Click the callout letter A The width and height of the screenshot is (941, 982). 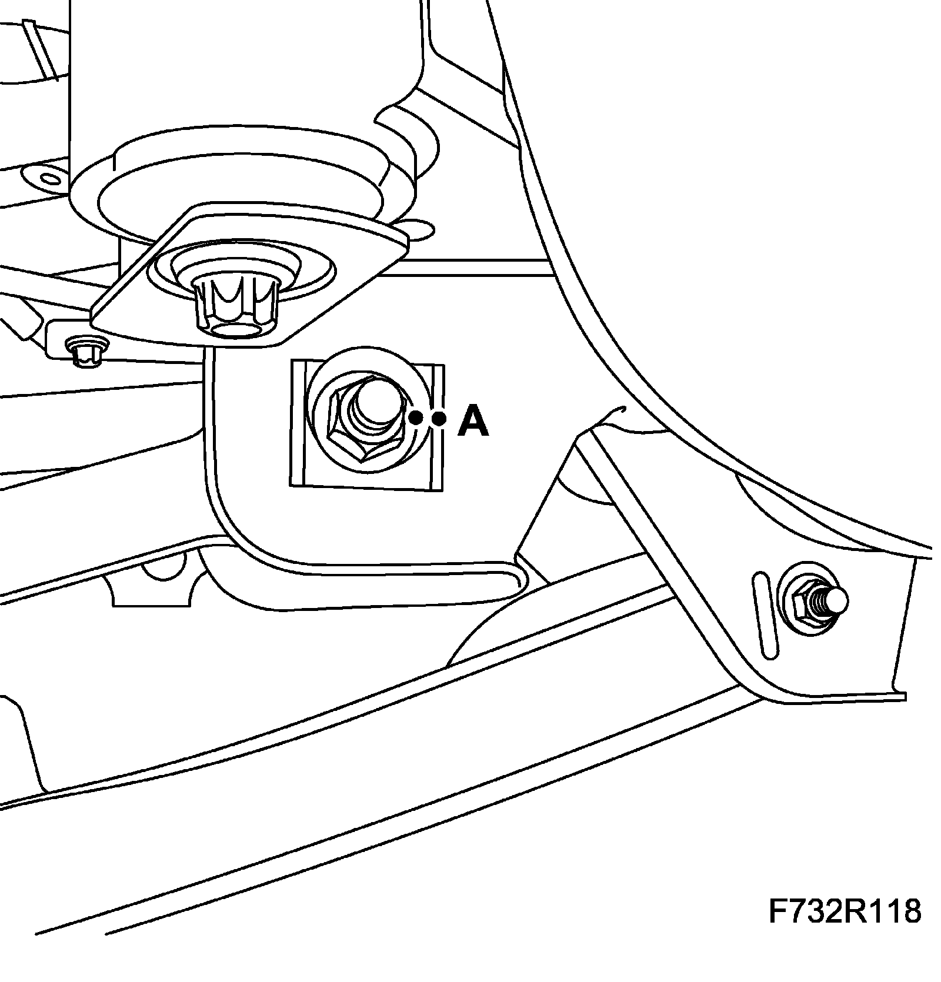(x=473, y=422)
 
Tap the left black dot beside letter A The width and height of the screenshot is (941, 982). (x=415, y=418)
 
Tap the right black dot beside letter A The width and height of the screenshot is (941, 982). (x=438, y=419)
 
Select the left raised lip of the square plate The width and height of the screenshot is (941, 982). (x=299, y=423)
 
